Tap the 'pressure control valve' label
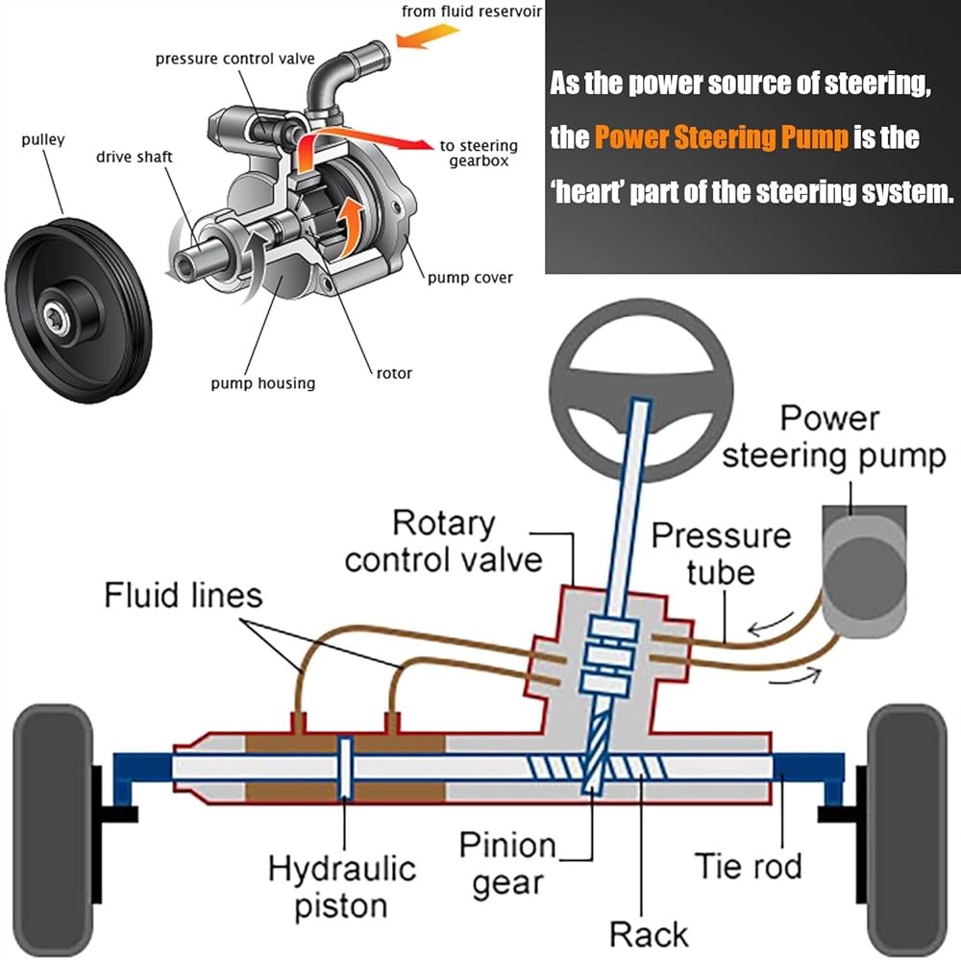(x=235, y=60)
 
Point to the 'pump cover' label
(x=470, y=278)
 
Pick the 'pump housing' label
(x=262, y=383)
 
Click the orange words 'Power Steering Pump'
(x=722, y=137)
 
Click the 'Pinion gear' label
(x=507, y=863)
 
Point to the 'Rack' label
(x=648, y=934)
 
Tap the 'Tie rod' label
(x=748, y=866)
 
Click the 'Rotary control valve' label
(x=443, y=542)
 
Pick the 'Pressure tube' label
(x=721, y=554)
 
